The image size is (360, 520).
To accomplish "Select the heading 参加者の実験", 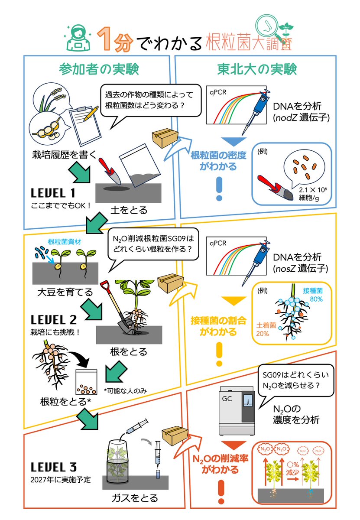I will click(99, 69).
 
